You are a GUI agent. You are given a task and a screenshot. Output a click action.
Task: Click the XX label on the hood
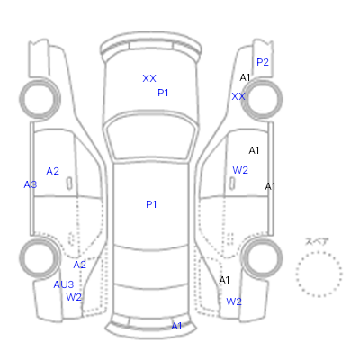[149, 78]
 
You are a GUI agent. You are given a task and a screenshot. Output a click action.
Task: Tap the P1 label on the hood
[163, 93]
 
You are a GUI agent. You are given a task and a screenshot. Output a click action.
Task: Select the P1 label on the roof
[151, 204]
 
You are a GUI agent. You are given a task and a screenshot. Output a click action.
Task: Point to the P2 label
[263, 62]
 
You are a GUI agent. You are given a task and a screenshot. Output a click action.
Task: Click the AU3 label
[64, 284]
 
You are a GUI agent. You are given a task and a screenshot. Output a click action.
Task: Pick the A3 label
[31, 184]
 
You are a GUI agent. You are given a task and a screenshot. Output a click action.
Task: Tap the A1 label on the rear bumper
[176, 326]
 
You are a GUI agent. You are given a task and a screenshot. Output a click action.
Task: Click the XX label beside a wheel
[238, 96]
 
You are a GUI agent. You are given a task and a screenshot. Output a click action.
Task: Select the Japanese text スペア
[317, 241]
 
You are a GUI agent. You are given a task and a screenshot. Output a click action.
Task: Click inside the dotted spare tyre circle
[319, 274]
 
